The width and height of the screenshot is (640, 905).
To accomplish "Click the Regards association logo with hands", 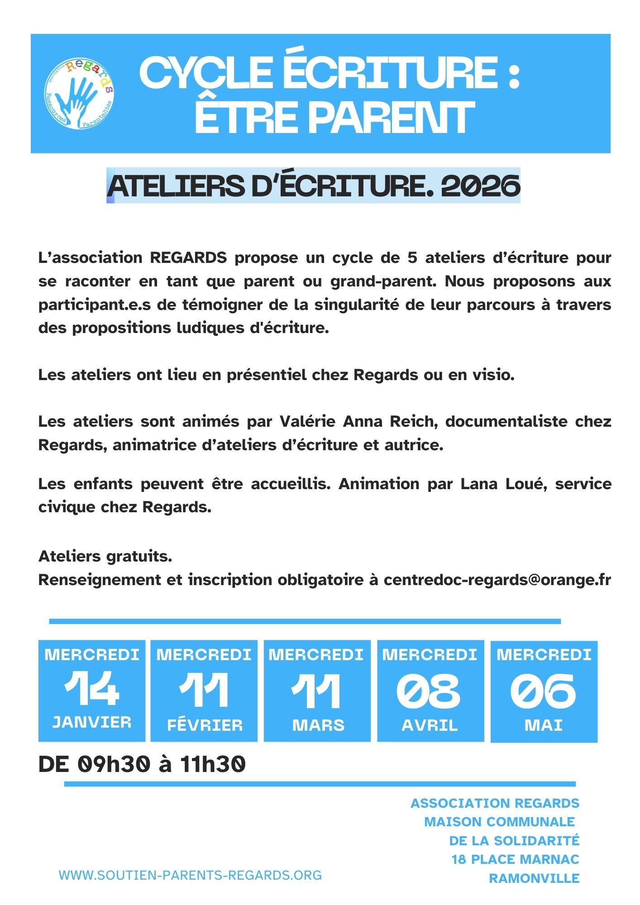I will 79,94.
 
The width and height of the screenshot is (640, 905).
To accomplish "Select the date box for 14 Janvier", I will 92,691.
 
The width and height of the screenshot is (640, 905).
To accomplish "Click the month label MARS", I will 318,725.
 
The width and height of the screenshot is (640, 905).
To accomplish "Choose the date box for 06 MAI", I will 544,691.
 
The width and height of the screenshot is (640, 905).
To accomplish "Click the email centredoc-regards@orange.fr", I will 497,580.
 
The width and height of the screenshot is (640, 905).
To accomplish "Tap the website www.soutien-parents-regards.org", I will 190,875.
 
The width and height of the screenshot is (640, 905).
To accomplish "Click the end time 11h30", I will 213,764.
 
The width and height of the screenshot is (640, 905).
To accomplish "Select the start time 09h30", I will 114,764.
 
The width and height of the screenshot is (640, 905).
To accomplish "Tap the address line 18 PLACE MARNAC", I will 515,859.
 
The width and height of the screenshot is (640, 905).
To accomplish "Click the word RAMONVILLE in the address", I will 534,878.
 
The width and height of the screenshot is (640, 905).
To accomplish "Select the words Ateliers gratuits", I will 105,556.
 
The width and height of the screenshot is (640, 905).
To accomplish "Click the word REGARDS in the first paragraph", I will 188,257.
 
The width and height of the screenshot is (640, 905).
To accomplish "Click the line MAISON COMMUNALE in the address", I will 499,822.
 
